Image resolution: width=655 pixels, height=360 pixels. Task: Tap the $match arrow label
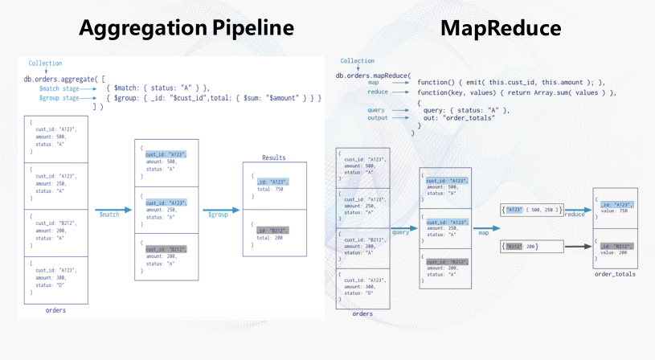point(109,215)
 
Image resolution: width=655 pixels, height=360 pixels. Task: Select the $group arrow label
point(219,215)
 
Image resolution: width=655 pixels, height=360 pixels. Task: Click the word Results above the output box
point(273,157)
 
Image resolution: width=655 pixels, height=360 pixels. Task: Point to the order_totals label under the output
point(615,274)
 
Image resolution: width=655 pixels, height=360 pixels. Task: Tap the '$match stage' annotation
point(59,88)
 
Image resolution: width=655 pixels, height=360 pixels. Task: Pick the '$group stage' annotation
point(59,98)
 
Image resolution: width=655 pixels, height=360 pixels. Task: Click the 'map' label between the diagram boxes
point(484,234)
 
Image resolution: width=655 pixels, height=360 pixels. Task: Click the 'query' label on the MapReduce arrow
point(401,231)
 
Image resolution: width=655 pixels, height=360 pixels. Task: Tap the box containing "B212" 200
point(520,246)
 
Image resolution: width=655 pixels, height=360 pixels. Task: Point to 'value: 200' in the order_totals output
point(615,252)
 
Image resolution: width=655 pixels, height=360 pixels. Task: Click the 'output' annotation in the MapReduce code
point(378,118)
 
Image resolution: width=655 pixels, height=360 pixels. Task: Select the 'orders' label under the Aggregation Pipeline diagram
point(55,309)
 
